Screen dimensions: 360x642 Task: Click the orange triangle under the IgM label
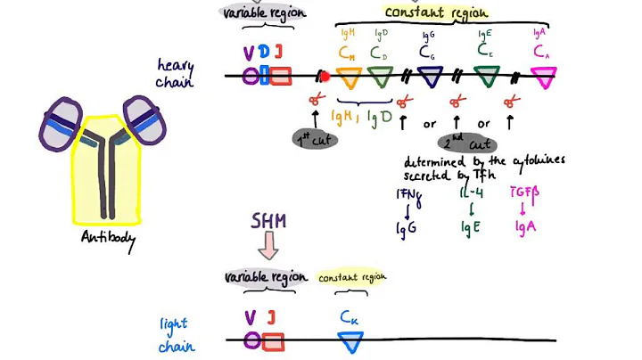[350, 78]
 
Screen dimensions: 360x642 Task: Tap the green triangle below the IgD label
[381, 78]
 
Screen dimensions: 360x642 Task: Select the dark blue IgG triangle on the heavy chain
[430, 78]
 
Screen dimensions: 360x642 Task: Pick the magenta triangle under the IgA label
[543, 79]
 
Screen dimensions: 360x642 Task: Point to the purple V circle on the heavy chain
[251, 77]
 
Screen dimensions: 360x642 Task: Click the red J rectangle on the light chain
[273, 340]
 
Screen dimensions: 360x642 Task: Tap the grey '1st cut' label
[316, 139]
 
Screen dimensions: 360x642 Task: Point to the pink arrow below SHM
[267, 247]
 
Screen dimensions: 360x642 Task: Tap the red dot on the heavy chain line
[325, 77]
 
